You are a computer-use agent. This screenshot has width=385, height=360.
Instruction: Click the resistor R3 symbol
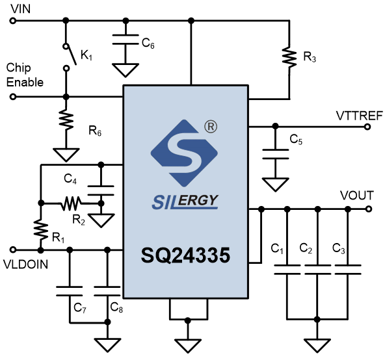click(x=289, y=57)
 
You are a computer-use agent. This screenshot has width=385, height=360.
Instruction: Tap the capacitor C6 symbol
click(x=126, y=40)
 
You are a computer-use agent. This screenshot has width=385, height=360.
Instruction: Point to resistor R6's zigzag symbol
click(x=66, y=120)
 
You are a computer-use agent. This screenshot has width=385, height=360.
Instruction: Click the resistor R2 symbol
click(x=71, y=203)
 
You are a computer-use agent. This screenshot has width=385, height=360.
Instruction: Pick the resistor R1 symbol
click(x=41, y=229)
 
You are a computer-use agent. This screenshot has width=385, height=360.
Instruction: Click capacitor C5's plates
click(x=275, y=154)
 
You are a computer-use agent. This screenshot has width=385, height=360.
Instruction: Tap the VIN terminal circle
click(x=13, y=21)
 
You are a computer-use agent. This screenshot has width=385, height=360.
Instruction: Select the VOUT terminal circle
click(x=368, y=209)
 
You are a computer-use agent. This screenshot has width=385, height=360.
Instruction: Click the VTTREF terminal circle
click(x=367, y=127)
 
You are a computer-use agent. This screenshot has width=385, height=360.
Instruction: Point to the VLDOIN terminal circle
click(x=13, y=250)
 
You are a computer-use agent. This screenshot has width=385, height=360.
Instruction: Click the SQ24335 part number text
click(x=185, y=255)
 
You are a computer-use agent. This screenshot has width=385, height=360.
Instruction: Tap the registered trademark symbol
click(x=211, y=127)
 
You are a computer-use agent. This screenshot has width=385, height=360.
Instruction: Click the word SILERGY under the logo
click(x=185, y=201)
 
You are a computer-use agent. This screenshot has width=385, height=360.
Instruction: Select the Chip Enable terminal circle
click(x=13, y=97)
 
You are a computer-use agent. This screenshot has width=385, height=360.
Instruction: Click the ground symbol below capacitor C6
click(x=126, y=70)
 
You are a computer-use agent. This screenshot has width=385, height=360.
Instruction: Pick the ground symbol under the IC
click(x=188, y=346)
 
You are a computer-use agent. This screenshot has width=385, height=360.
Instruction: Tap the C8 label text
click(x=116, y=307)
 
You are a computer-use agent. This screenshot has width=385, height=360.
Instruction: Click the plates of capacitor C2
click(x=317, y=270)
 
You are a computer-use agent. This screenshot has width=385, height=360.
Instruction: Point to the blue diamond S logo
click(x=184, y=153)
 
